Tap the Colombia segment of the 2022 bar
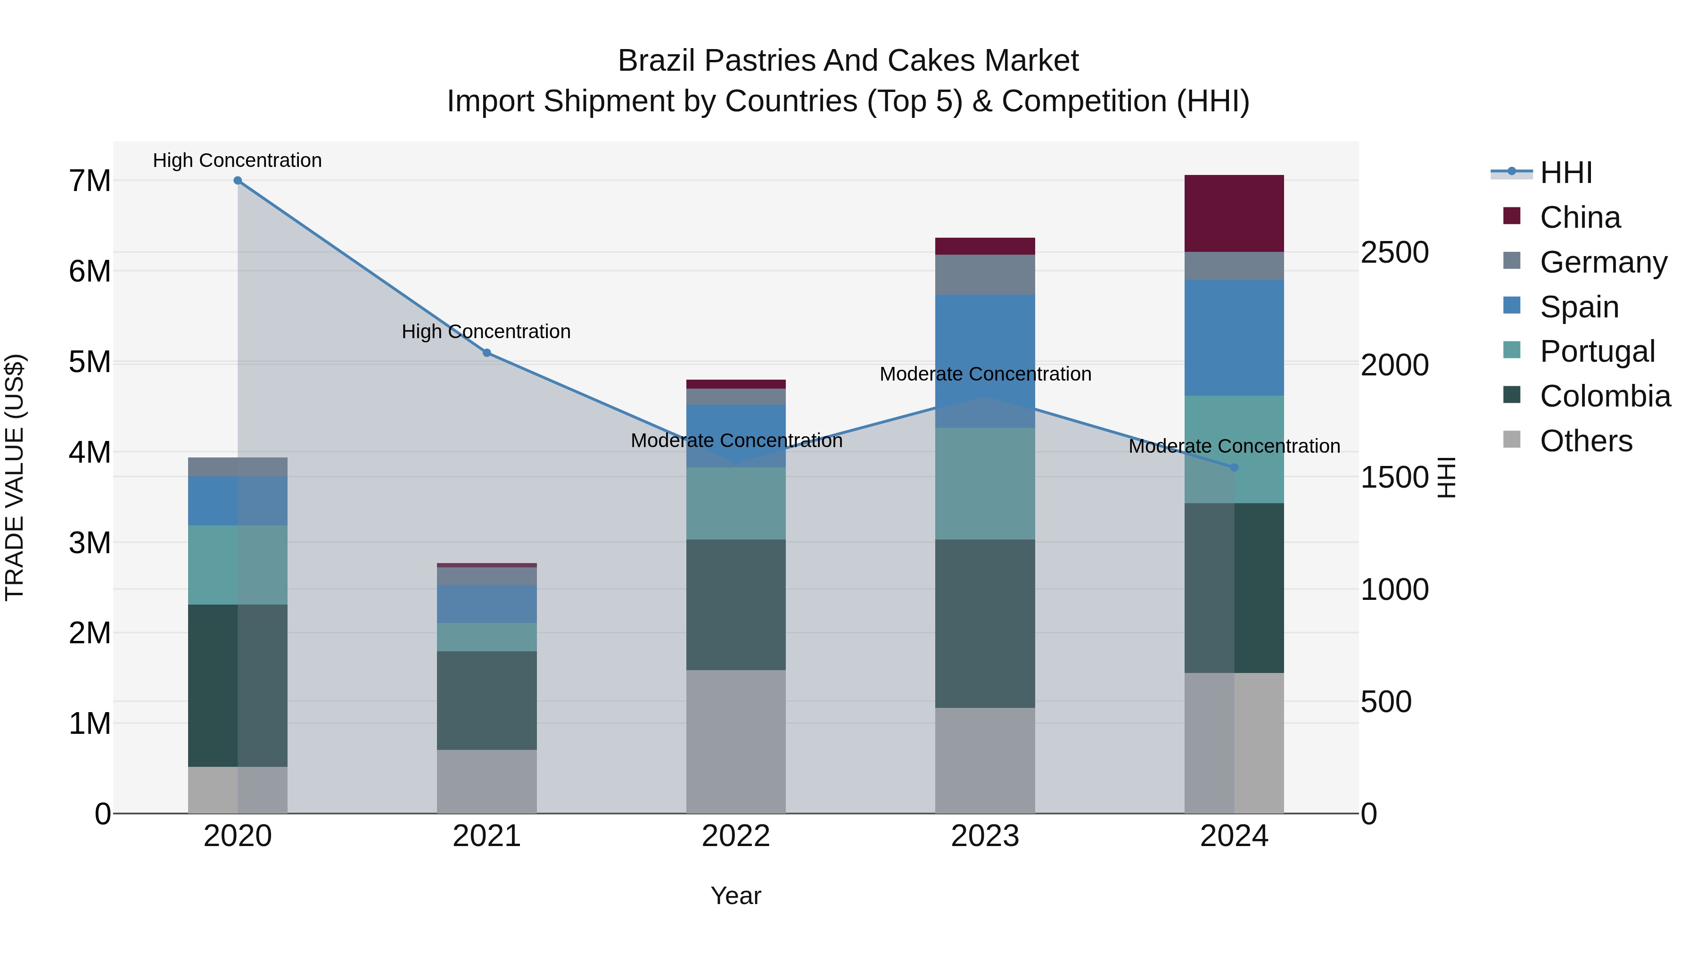736,605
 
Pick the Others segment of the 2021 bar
487,781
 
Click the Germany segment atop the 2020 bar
238,466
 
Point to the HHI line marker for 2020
238,181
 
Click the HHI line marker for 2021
487,353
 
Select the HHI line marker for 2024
1235,467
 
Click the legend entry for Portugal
1597,351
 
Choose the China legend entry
1580,217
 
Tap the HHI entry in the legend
1566,173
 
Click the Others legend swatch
1512,440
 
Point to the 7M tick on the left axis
90,181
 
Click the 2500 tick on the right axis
1395,252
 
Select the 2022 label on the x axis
736,836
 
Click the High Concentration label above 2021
486,332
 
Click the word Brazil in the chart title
656,61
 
